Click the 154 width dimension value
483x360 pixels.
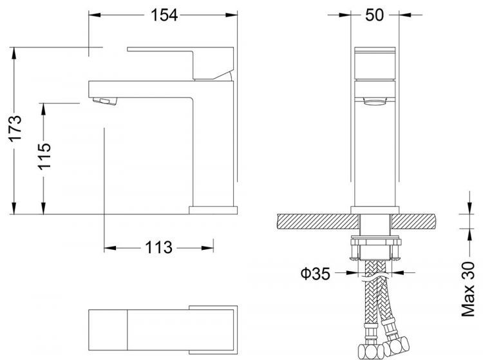tap(165, 15)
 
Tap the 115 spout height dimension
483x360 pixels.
tap(44, 156)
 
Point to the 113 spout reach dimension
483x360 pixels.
tap(158, 247)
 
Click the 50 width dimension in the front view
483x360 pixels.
tap(374, 15)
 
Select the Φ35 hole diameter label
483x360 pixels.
tap(315, 274)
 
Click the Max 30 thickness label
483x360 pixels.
tap(468, 290)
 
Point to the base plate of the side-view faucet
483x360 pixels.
tap(213, 209)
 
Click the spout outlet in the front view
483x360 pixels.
tap(374, 101)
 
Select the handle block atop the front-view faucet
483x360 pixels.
tap(374, 65)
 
